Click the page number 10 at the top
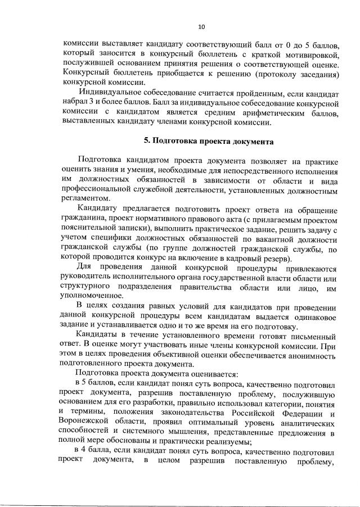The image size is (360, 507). click(x=201, y=25)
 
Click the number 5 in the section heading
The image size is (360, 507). click(x=146, y=141)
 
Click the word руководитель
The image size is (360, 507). click(x=87, y=279)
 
